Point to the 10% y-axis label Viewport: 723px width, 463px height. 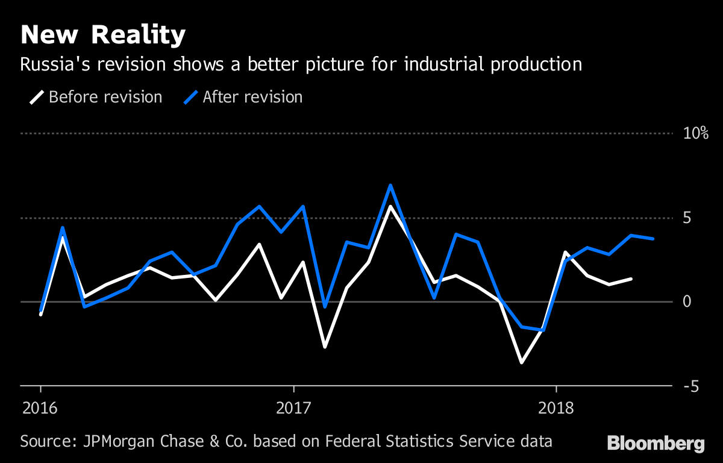[695, 134]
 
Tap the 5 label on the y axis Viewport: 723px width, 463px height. [687, 218]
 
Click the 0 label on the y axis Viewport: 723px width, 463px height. [687, 301]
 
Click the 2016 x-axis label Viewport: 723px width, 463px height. [40, 408]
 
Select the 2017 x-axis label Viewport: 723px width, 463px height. [293, 408]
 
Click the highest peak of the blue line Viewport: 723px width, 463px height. [390, 185]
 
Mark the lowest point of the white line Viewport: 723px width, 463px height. [521, 363]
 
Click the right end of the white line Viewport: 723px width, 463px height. [631, 279]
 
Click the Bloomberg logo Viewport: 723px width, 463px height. [656, 444]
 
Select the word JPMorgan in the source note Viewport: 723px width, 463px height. [115, 441]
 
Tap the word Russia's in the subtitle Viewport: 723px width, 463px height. [51, 65]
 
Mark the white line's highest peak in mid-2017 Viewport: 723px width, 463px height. [390, 206]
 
